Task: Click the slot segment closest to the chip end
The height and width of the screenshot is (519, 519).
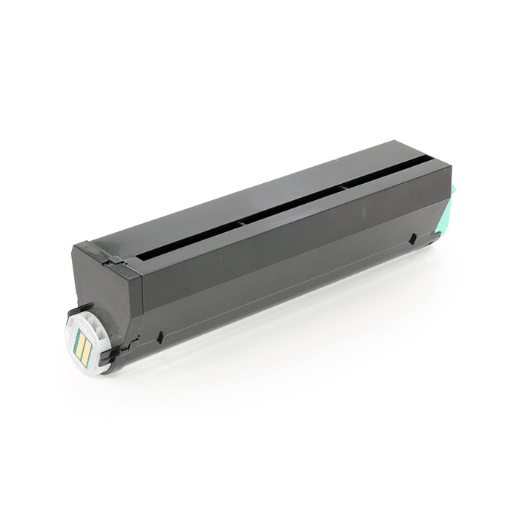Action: point(185,237)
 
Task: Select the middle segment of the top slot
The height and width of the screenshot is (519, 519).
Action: point(293,203)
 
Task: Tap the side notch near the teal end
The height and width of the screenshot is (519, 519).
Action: point(411,239)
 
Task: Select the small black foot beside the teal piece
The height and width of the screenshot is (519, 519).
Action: point(432,238)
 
